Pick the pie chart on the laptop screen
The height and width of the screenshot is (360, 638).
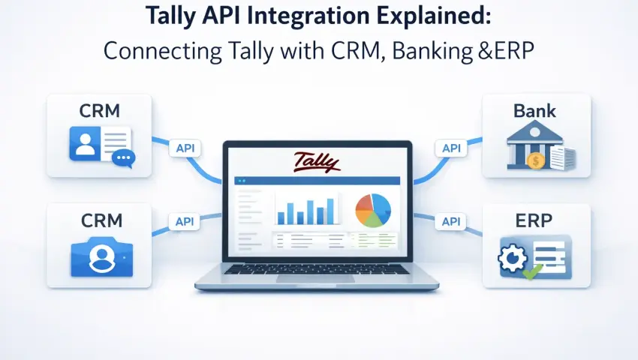click(x=373, y=210)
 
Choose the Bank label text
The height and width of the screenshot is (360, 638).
click(x=534, y=111)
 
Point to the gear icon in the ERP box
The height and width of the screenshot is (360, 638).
click(x=512, y=256)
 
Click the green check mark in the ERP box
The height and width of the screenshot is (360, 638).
click(x=530, y=271)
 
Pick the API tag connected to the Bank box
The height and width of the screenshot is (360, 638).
click(x=451, y=148)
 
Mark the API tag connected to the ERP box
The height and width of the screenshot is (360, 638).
click(x=451, y=221)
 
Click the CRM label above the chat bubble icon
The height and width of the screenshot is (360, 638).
click(x=100, y=110)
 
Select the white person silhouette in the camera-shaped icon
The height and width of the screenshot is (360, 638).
click(x=100, y=257)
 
